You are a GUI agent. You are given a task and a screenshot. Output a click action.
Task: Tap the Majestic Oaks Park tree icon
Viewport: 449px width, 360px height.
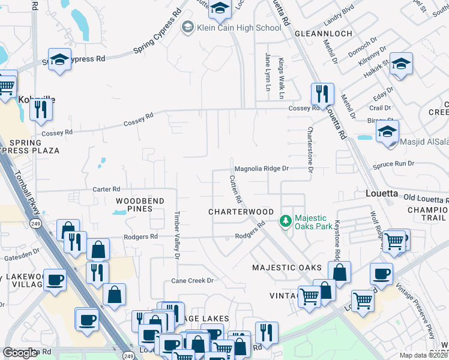point(286,221)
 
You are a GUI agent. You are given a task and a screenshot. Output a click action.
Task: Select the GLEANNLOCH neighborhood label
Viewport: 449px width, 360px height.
point(324,34)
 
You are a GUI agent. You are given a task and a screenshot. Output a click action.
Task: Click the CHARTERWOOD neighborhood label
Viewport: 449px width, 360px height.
point(241,212)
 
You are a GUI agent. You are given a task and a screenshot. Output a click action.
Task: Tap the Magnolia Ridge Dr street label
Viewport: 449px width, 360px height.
point(262,169)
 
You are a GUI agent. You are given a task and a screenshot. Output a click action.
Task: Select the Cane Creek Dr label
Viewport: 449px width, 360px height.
point(193,280)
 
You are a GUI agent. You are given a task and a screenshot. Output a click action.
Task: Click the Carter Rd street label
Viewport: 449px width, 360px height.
point(106,189)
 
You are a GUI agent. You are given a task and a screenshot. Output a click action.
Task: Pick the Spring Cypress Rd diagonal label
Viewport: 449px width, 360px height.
point(157,33)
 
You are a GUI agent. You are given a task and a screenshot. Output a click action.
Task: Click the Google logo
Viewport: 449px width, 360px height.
point(20,353)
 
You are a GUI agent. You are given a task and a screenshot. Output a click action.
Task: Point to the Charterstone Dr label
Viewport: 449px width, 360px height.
point(311,150)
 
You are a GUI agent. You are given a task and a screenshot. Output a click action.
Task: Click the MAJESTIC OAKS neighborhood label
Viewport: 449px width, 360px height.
point(287,267)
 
